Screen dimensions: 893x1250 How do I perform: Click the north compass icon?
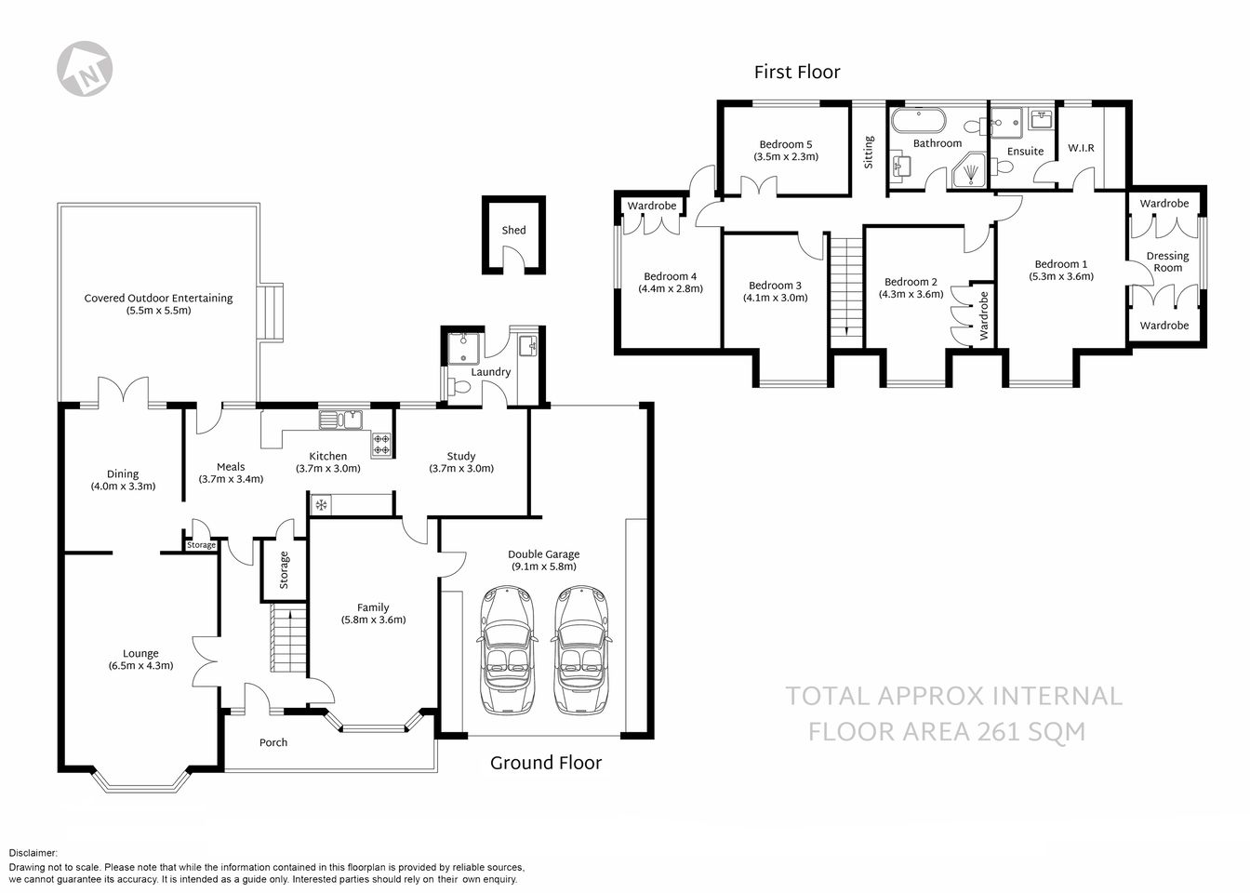pos(86,68)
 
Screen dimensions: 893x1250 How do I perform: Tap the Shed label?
pos(513,230)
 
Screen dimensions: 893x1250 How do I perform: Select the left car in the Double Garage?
pos(507,650)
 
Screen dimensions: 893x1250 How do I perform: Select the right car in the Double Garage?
pos(582,650)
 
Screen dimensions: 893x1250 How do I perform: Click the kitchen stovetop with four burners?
pos(381,444)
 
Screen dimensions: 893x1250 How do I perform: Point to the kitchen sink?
pos(340,420)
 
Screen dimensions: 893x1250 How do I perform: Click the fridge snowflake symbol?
pos(322,505)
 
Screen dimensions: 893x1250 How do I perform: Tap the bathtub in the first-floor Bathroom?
pos(918,122)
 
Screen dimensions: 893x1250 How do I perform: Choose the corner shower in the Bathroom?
pos(970,171)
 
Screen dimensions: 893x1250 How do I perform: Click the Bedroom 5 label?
pos(786,144)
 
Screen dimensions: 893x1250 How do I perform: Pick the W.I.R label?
pos(1081,148)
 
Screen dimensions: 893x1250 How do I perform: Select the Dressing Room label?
pos(1167,261)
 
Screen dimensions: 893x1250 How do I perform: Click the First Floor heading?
pos(797,72)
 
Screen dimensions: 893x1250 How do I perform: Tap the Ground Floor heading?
pos(546,763)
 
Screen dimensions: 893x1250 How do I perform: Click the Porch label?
pos(273,742)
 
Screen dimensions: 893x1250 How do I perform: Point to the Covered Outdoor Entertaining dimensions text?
pos(158,311)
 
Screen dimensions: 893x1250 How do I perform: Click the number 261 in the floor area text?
pos(1007,731)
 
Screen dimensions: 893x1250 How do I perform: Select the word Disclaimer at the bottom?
pos(33,852)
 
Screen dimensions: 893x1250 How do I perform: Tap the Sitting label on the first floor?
pos(869,152)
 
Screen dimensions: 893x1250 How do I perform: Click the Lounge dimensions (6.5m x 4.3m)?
pos(140,665)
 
